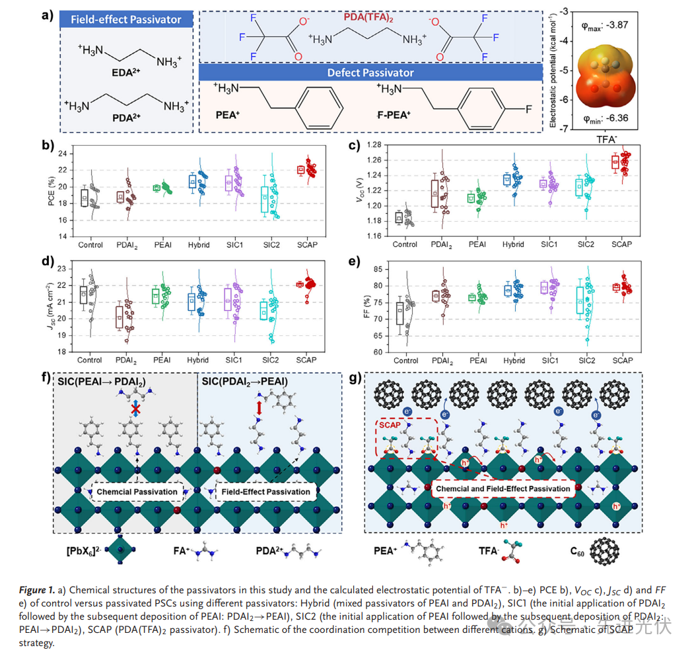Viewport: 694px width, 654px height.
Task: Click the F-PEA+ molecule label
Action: click(x=396, y=114)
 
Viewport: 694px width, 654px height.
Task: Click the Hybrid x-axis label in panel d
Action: click(x=198, y=360)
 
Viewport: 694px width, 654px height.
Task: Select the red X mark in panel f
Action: click(x=135, y=410)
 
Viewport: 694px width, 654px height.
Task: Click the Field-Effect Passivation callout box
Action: click(x=264, y=492)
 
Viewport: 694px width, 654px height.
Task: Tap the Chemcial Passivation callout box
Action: click(x=137, y=492)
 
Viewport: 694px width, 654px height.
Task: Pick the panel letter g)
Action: click(x=355, y=379)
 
